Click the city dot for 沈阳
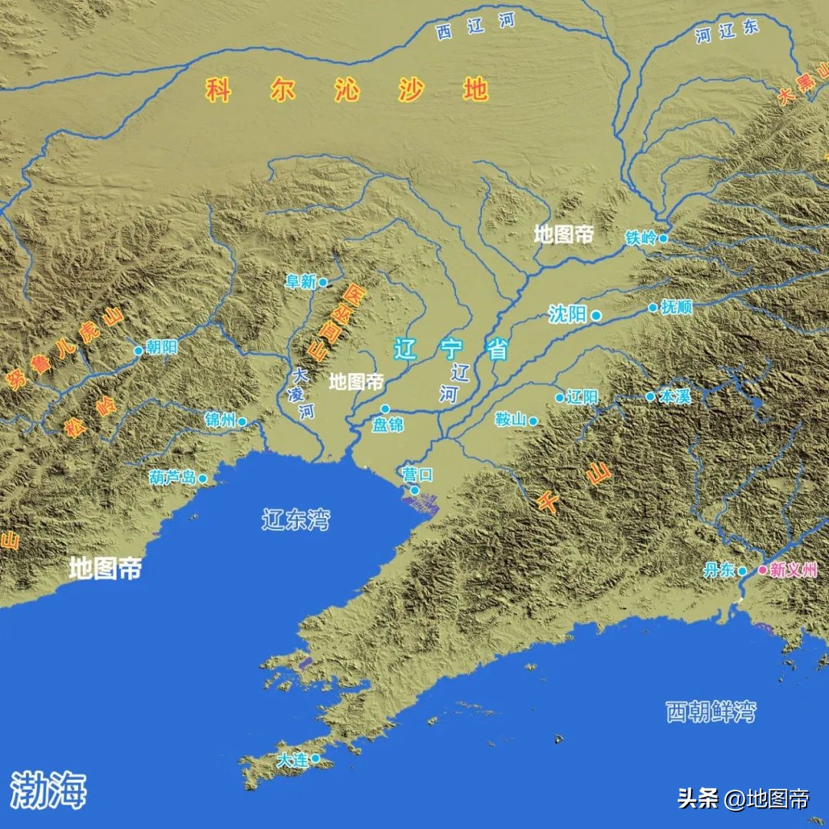click(596, 315)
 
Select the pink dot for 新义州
click(762, 570)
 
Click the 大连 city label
click(292, 760)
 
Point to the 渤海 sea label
click(48, 789)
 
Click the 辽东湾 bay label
click(296, 520)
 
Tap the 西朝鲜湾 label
click(710, 712)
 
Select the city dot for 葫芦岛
click(203, 478)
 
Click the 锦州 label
click(220, 420)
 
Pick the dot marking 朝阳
click(139, 351)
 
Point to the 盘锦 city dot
click(385, 408)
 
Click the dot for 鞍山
click(533, 421)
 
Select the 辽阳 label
click(581, 398)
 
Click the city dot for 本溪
click(650, 397)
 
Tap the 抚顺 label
click(676, 308)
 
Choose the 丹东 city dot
click(742, 570)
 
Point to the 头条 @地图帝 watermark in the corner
click(742, 798)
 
